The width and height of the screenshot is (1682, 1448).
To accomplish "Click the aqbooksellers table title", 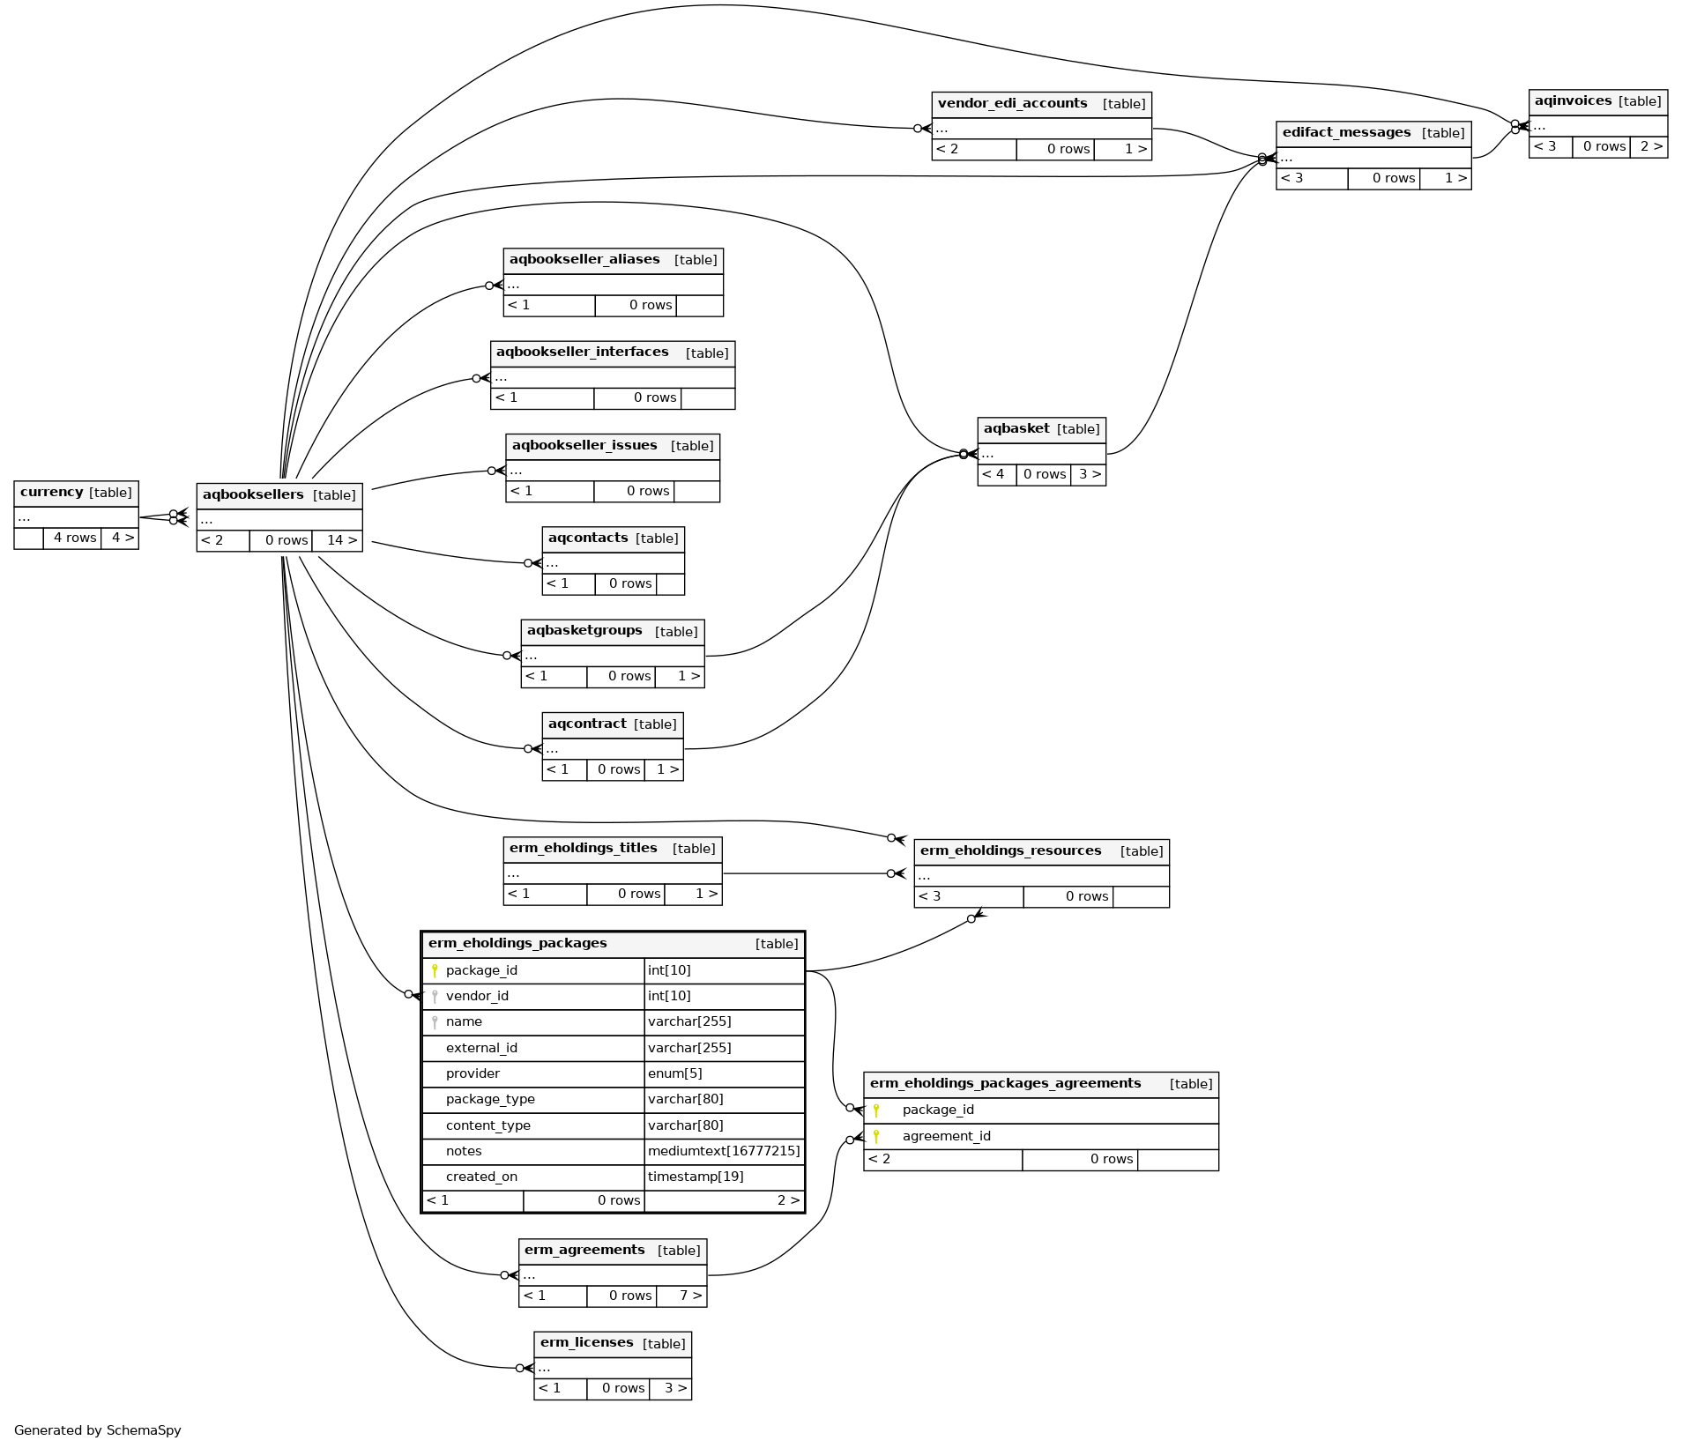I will pos(253,494).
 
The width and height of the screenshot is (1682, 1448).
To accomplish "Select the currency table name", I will pos(51,492).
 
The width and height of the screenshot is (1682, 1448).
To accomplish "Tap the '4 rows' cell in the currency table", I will pos(74,538).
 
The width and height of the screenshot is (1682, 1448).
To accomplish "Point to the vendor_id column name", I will pos(477,996).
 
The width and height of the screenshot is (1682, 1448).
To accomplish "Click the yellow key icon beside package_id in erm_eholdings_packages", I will pos(435,970).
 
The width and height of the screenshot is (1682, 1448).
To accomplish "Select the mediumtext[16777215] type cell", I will pos(724,1151).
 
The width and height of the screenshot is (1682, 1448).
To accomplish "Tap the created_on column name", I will pos(481,1177).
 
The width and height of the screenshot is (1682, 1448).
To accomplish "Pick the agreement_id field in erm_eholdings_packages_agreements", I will pos(946,1136).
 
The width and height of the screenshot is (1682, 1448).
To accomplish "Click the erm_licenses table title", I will pos(586,1342).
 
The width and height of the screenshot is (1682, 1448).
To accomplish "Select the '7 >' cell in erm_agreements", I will pos(690,1296).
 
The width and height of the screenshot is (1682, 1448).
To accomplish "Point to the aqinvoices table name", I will pos(1573,100).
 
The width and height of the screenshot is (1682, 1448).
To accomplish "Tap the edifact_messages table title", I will pos(1346,132).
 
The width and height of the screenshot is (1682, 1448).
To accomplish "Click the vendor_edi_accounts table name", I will pos(1012,103).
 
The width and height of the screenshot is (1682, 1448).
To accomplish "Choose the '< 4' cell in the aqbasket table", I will pos(994,474).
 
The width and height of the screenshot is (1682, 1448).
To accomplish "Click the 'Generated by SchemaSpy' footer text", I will pos(97,1430).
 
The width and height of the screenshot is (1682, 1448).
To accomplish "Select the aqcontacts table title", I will pos(588,538).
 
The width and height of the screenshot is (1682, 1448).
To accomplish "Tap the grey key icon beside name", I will pos(435,1022).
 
